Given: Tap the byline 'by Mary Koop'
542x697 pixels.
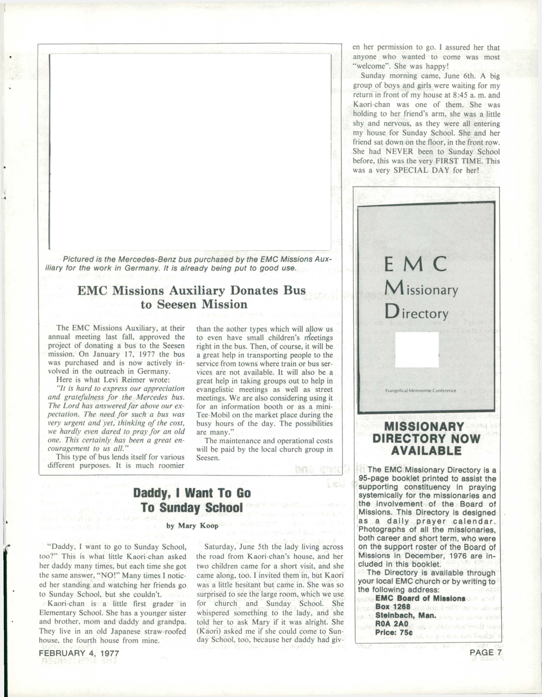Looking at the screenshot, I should (x=192, y=526).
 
